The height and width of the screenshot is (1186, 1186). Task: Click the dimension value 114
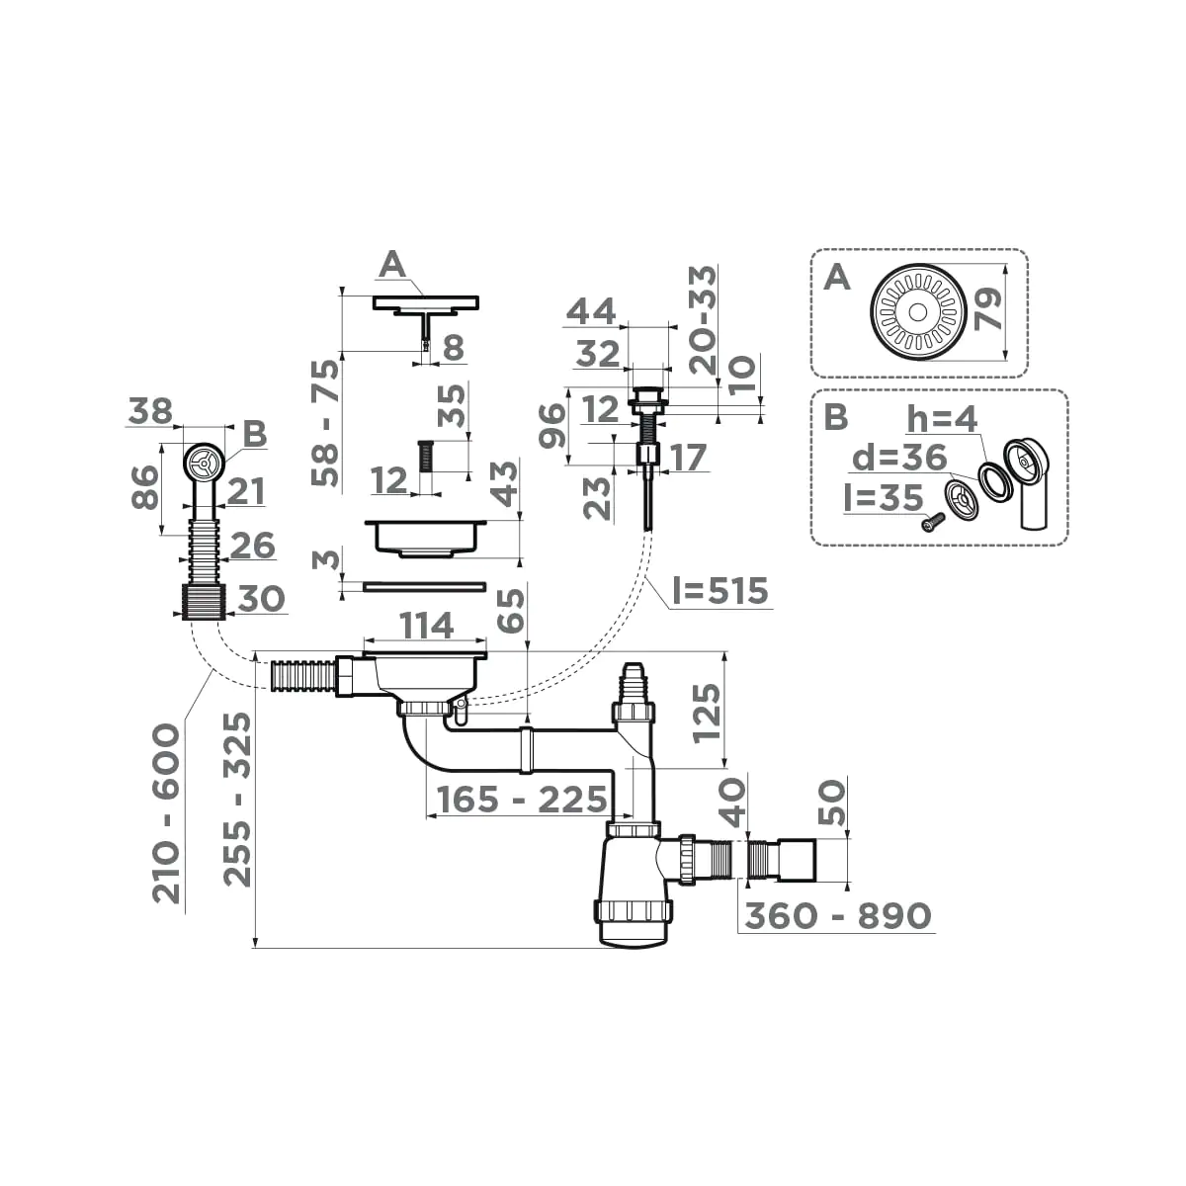pyautogui.click(x=426, y=626)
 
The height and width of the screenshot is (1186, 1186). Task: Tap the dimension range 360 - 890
pyautogui.click(x=838, y=916)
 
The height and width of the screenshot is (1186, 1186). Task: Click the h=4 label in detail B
pyautogui.click(x=942, y=419)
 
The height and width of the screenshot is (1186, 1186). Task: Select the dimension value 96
pyautogui.click(x=555, y=425)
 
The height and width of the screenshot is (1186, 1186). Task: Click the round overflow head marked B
pyautogui.click(x=203, y=463)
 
